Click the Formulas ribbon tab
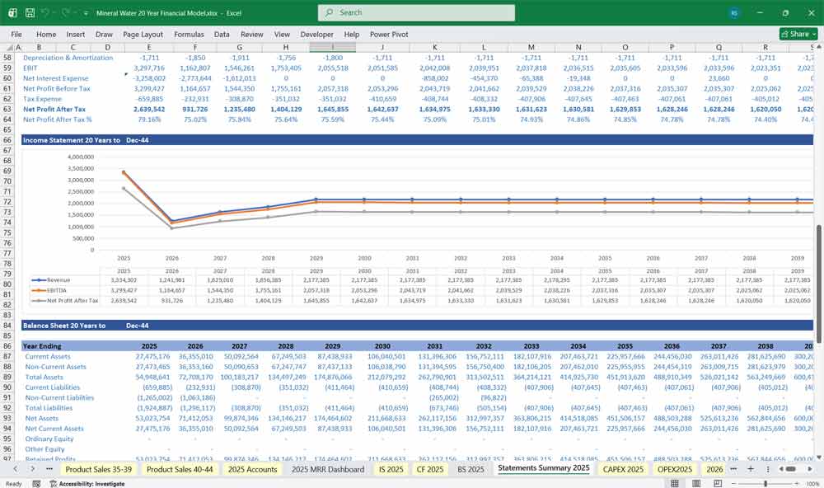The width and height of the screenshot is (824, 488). coord(189,35)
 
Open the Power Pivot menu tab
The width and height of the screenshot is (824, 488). coord(389,35)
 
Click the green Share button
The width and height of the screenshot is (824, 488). coord(794,35)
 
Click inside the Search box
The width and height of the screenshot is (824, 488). coord(416,12)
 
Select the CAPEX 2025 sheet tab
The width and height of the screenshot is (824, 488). coord(623,469)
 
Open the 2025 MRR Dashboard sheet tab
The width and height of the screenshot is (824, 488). coord(328,469)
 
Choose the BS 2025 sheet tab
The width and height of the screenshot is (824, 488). coord(471,469)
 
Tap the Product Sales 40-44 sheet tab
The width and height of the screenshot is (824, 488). coord(180,469)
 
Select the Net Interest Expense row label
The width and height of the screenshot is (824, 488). coord(57,78)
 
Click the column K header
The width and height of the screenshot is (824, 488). coord(434,48)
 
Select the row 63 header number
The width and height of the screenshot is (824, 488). coord(7,109)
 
